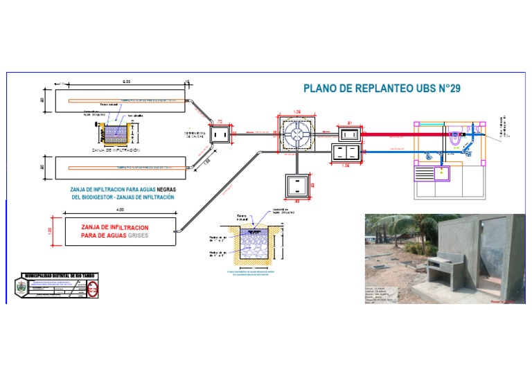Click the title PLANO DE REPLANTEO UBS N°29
tap(382, 89)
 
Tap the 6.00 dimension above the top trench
tap(127, 82)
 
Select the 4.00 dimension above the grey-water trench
tap(120, 210)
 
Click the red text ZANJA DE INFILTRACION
tap(114, 227)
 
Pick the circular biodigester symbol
tap(297, 135)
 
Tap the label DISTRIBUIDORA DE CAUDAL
tap(195, 134)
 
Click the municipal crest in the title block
tap(21, 287)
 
